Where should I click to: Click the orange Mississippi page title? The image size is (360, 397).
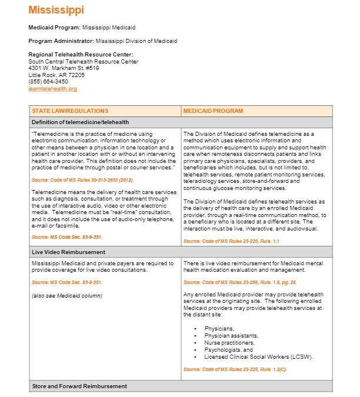click(x=56, y=10)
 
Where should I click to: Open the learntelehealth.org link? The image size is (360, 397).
click(x=52, y=89)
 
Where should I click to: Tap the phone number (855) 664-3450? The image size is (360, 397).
click(x=48, y=82)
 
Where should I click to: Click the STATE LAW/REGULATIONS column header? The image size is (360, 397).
click(x=70, y=111)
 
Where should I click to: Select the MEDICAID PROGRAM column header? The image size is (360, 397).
click(x=213, y=111)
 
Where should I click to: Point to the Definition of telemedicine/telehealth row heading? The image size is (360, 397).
click(x=80, y=122)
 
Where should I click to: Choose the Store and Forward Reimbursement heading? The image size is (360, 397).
click(x=79, y=386)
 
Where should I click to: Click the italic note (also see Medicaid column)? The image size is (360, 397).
click(x=66, y=295)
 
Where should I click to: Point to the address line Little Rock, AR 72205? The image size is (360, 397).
click(x=56, y=75)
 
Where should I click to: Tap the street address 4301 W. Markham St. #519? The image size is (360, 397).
click(x=64, y=68)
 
